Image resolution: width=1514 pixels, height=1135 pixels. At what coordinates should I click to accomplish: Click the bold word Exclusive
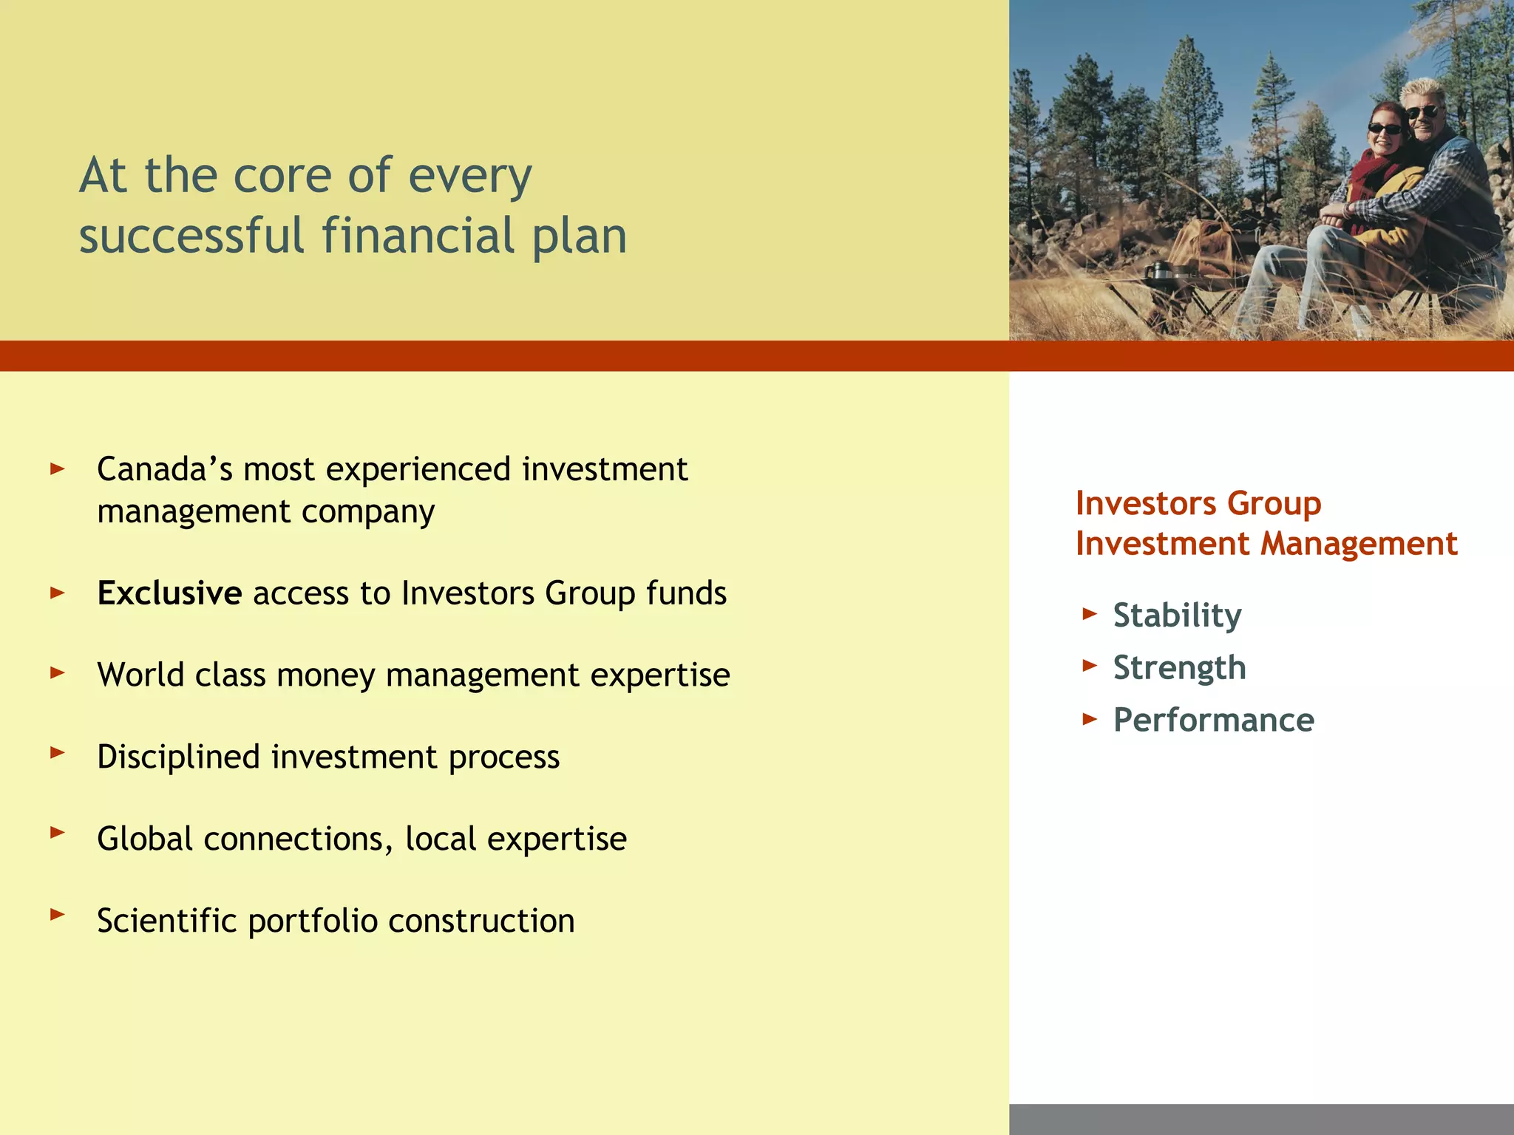pyautogui.click(x=169, y=593)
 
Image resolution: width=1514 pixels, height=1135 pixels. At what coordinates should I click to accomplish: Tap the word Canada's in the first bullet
pyautogui.click(x=164, y=470)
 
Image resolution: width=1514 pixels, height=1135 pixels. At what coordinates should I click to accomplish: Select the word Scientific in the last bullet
pyautogui.click(x=167, y=921)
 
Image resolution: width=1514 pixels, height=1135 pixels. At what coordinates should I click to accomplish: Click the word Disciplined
pyautogui.click(x=178, y=757)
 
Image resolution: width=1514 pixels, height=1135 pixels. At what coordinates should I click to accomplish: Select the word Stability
pyautogui.click(x=1177, y=616)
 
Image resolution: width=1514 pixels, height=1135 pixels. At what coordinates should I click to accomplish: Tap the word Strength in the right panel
pyautogui.click(x=1179, y=668)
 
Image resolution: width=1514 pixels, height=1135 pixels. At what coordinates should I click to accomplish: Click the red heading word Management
pyautogui.click(x=1359, y=545)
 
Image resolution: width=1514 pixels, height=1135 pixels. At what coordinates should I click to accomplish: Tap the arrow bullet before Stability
pyautogui.click(x=1089, y=613)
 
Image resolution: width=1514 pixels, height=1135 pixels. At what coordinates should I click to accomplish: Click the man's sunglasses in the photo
pyautogui.click(x=1423, y=113)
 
